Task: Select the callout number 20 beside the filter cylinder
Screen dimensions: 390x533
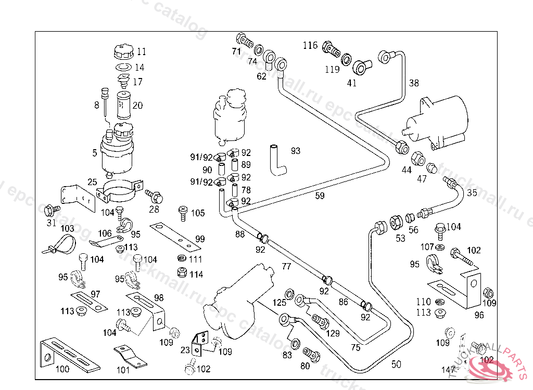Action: [x=137, y=105]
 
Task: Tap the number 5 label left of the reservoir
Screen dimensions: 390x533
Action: [x=95, y=153]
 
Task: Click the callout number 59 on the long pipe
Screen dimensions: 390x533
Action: [x=320, y=196]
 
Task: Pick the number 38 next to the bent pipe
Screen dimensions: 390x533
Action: [x=413, y=83]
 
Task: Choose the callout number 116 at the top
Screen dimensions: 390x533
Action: [x=310, y=46]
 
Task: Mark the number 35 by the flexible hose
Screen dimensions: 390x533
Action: [x=472, y=192]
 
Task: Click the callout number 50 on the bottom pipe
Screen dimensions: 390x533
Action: [x=396, y=365]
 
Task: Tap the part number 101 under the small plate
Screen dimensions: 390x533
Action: [x=123, y=370]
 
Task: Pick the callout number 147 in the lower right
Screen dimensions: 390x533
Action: [x=448, y=370]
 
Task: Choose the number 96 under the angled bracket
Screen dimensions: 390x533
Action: [x=479, y=315]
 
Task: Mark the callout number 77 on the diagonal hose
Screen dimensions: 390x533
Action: [x=286, y=267]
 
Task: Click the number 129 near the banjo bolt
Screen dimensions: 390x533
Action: [x=333, y=333]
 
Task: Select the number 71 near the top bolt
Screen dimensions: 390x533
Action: [x=236, y=51]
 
